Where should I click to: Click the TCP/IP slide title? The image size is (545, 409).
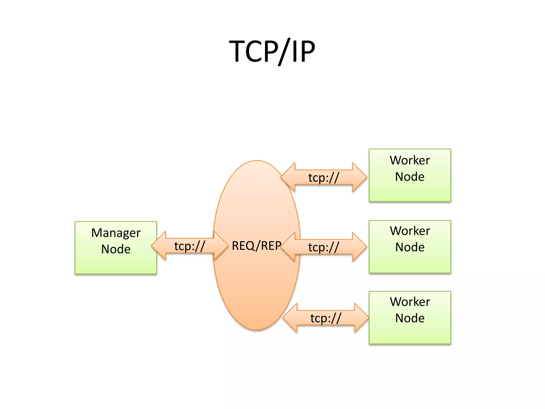[x=272, y=51]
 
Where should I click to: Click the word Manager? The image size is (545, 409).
[x=116, y=233]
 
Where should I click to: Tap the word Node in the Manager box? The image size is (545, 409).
[x=116, y=249]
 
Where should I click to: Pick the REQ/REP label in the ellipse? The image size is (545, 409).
[x=256, y=246]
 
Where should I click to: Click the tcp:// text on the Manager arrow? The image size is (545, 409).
[x=189, y=246]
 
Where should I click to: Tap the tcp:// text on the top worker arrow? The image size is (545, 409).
[x=324, y=178]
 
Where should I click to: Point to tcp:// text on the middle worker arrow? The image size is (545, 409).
[x=324, y=247]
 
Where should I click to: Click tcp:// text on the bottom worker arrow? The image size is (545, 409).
[x=326, y=318]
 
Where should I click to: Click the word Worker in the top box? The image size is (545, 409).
[x=410, y=160]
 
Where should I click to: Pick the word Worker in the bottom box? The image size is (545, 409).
[x=410, y=302]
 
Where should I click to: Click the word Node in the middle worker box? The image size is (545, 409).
[x=410, y=247]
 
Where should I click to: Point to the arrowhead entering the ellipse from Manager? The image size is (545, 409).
[x=220, y=246]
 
